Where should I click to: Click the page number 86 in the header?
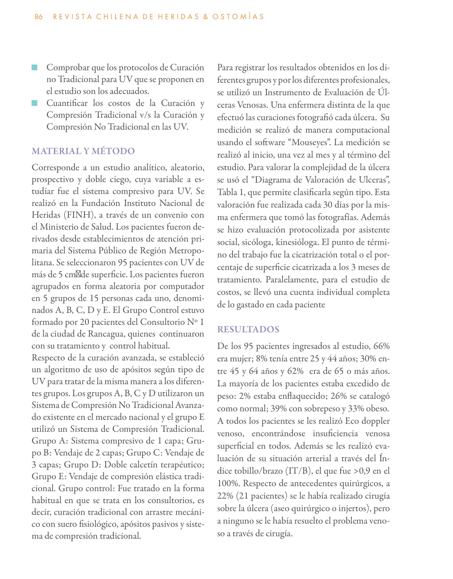(x=38, y=17)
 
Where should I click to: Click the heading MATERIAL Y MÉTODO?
(x=83, y=151)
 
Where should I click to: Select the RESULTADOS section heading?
(x=248, y=329)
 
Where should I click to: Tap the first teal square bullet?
(x=34, y=68)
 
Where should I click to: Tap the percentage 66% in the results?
(x=381, y=346)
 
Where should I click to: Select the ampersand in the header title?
(x=206, y=17)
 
